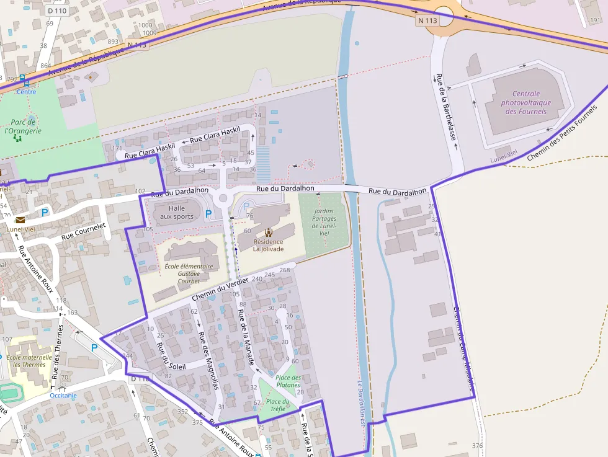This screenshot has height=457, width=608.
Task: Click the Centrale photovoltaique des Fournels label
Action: pyautogui.click(x=525, y=103)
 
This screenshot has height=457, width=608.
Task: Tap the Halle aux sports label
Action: pyautogui.click(x=177, y=213)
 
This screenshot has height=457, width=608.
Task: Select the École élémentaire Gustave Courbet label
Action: pyautogui.click(x=189, y=273)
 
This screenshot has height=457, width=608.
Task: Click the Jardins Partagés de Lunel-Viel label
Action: pyautogui.click(x=324, y=223)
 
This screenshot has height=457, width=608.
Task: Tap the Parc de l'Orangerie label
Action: pyautogui.click(x=23, y=126)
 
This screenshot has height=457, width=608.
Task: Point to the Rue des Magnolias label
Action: pyautogui.click(x=208, y=360)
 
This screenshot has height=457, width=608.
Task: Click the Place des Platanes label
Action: pyautogui.click(x=288, y=381)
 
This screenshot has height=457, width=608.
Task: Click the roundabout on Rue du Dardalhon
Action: pyautogui.click(x=223, y=198)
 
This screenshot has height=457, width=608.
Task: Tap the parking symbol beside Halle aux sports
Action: pyautogui.click(x=208, y=214)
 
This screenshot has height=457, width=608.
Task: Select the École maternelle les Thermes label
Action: pyautogui.click(x=29, y=361)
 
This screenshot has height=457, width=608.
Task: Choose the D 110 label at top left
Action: pyautogui.click(x=56, y=11)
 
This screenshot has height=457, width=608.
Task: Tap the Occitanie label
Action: pyautogui.click(x=63, y=395)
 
